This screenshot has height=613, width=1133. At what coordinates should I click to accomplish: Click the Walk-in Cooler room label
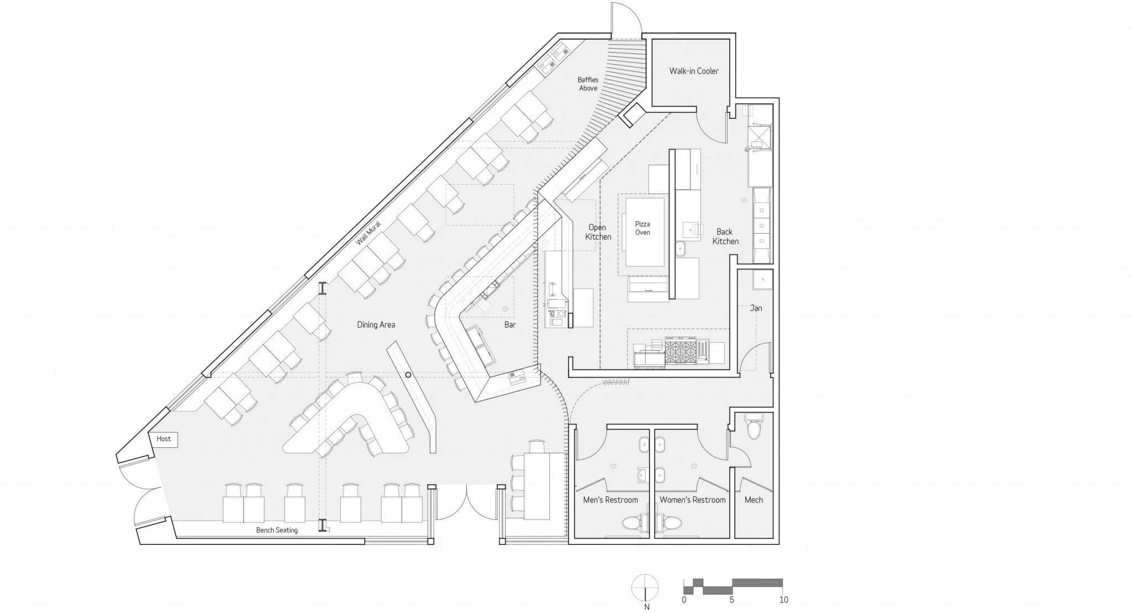694,71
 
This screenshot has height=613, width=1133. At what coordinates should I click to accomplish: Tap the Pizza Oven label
642,228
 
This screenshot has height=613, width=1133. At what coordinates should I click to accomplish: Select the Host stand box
164,439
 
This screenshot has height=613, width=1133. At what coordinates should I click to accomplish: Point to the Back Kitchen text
725,237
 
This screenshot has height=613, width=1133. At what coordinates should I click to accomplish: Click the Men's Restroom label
610,500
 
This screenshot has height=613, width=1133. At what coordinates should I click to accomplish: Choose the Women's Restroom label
692,500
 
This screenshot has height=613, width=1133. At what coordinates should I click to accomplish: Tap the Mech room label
753,500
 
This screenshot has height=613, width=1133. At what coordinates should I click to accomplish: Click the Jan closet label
756,308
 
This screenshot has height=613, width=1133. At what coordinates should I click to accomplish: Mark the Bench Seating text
277,530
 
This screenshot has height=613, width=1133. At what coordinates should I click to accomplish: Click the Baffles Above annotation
588,84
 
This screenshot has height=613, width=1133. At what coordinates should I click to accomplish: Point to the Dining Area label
376,324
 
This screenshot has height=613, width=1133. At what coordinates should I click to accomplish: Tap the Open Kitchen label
598,232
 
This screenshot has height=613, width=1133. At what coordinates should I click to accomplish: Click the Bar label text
510,324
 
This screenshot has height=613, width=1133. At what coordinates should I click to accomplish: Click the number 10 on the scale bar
783,600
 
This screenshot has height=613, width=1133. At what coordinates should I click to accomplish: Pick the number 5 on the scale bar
731,600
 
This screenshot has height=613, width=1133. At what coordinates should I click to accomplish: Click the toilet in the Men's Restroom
636,523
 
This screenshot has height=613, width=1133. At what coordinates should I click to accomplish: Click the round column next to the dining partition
408,375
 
